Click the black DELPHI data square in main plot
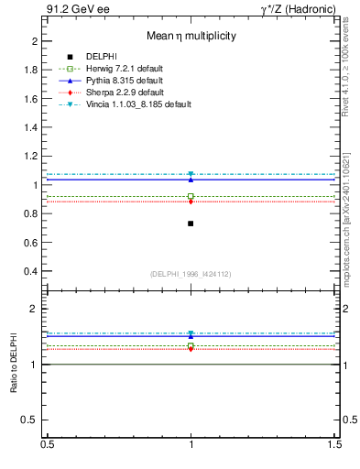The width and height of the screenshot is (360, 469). click(x=191, y=224)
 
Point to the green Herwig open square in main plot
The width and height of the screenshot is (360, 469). click(x=191, y=196)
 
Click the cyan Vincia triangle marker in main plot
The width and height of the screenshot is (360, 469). click(x=191, y=174)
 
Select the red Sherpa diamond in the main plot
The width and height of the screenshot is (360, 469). click(x=191, y=202)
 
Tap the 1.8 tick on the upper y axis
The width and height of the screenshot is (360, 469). click(x=31, y=70)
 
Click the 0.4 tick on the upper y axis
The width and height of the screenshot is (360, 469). click(x=31, y=272)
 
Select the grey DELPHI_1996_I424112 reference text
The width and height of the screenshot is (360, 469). click(x=191, y=274)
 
